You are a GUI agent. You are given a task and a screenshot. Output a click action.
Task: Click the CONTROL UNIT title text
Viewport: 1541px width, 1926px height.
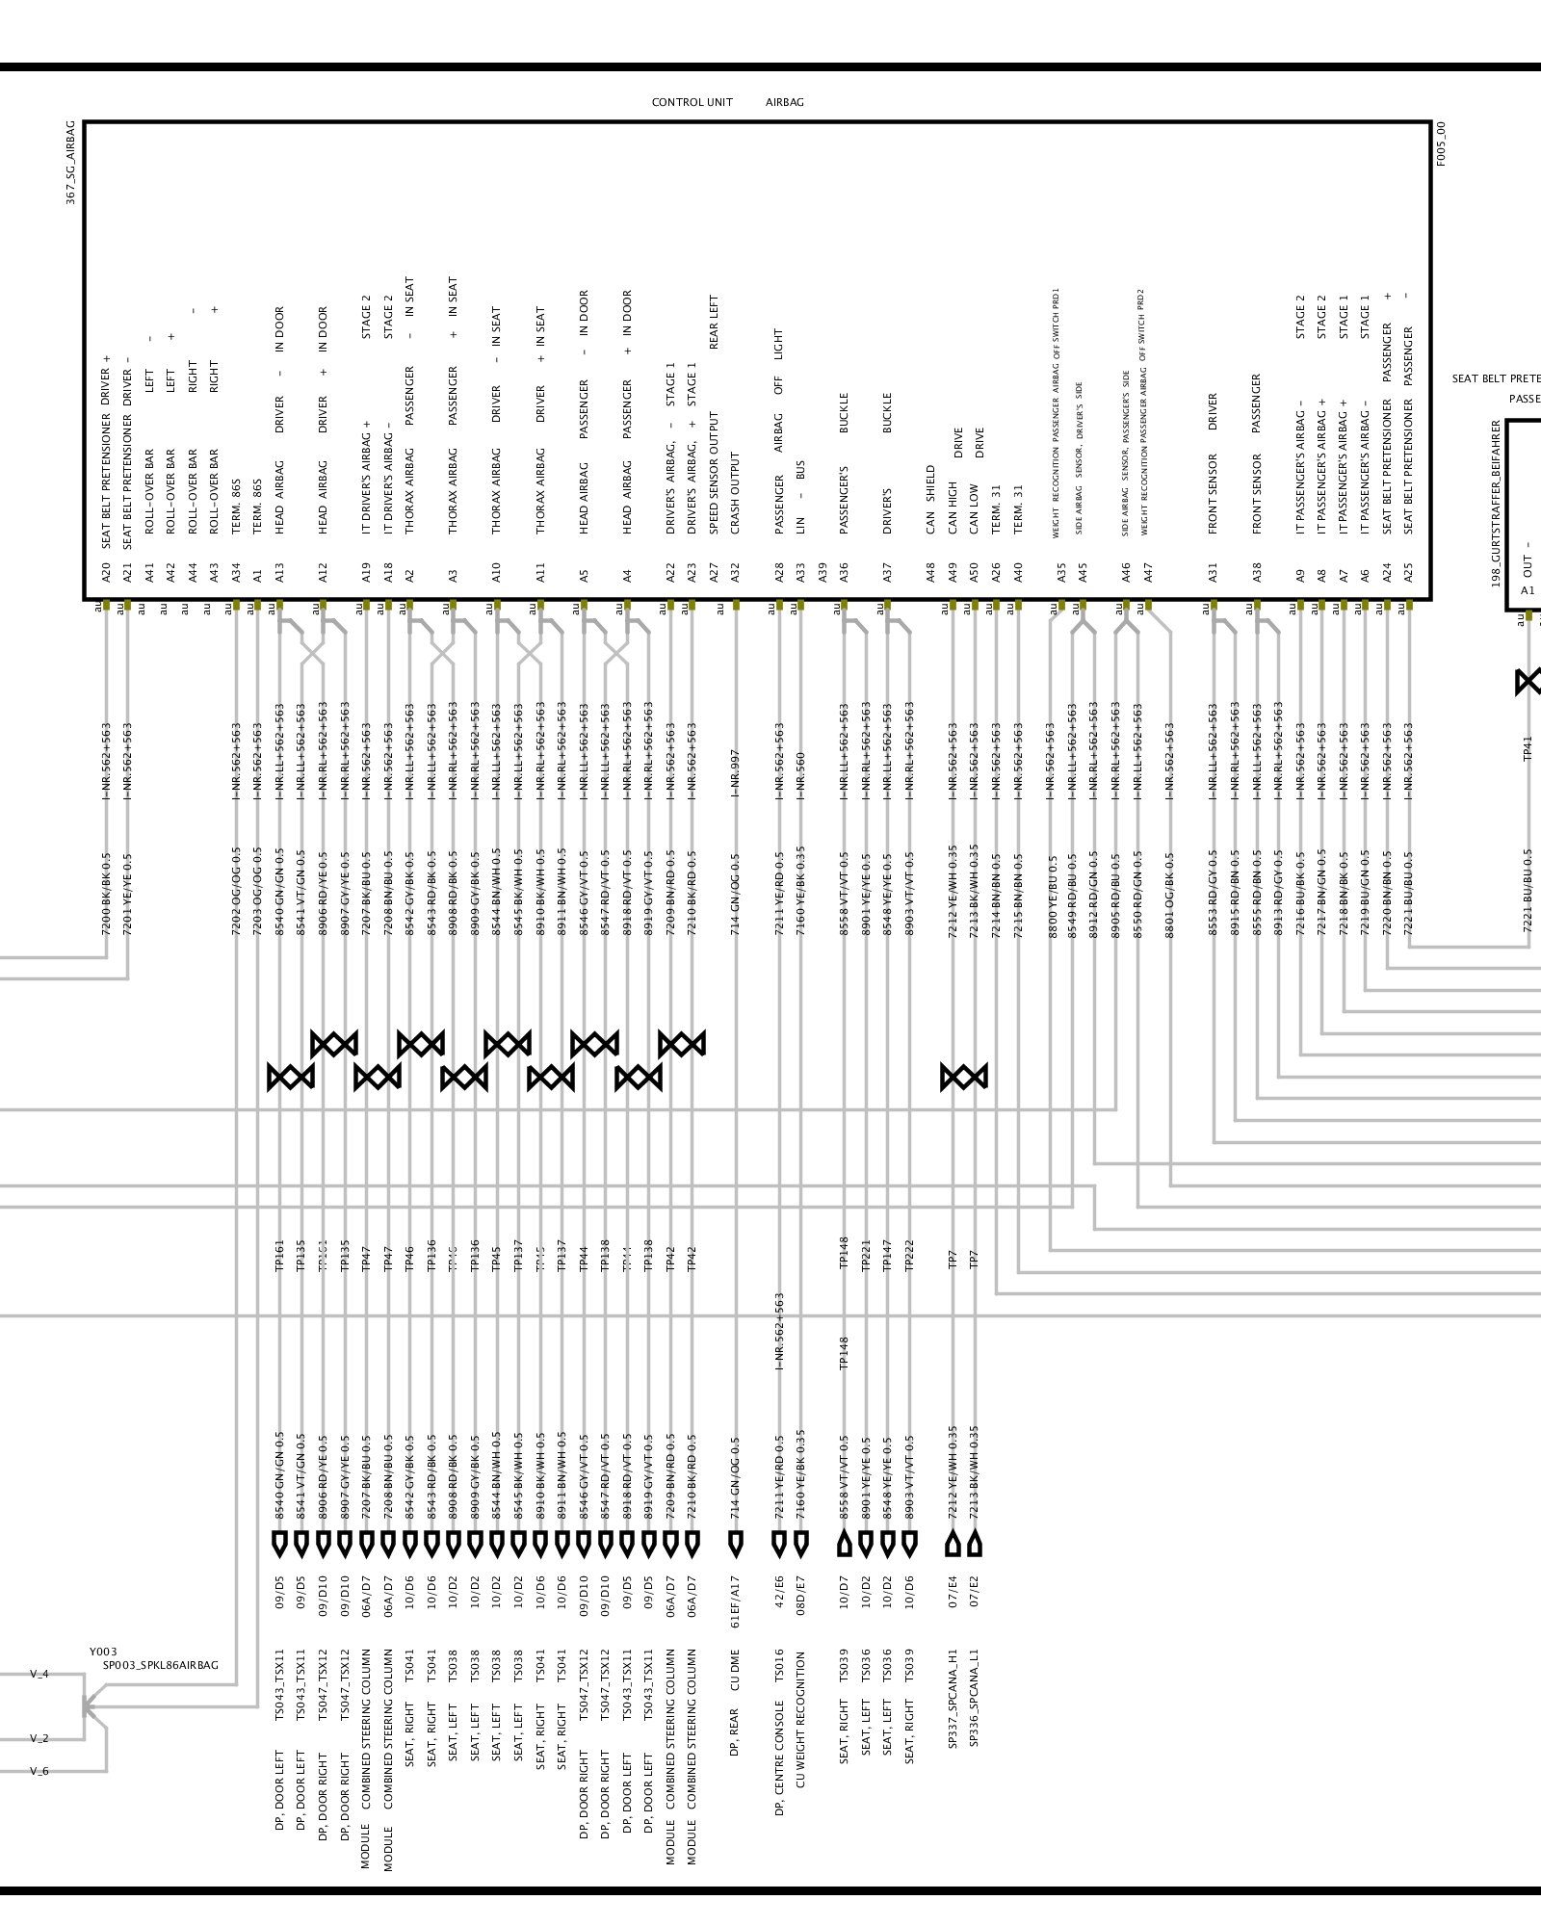pyautogui.click(x=692, y=102)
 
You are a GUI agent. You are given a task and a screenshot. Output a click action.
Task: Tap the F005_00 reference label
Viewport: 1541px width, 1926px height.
pyautogui.click(x=1441, y=144)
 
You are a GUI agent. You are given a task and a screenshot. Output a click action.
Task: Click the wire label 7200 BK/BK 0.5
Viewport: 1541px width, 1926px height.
pyautogui.click(x=106, y=894)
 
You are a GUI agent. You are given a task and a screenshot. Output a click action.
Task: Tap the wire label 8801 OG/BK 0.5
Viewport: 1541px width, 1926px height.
pyautogui.click(x=1170, y=896)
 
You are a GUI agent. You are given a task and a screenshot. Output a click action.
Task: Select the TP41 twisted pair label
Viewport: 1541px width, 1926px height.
pyautogui.click(x=1527, y=748)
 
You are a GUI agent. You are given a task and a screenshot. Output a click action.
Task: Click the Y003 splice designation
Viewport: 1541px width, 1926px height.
pyautogui.click(x=103, y=1652)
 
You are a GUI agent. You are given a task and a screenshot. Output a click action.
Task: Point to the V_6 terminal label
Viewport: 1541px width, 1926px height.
pyautogui.click(x=39, y=1771)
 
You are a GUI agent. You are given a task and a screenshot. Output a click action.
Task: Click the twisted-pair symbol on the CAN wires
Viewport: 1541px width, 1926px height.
pyautogui.click(x=963, y=1077)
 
